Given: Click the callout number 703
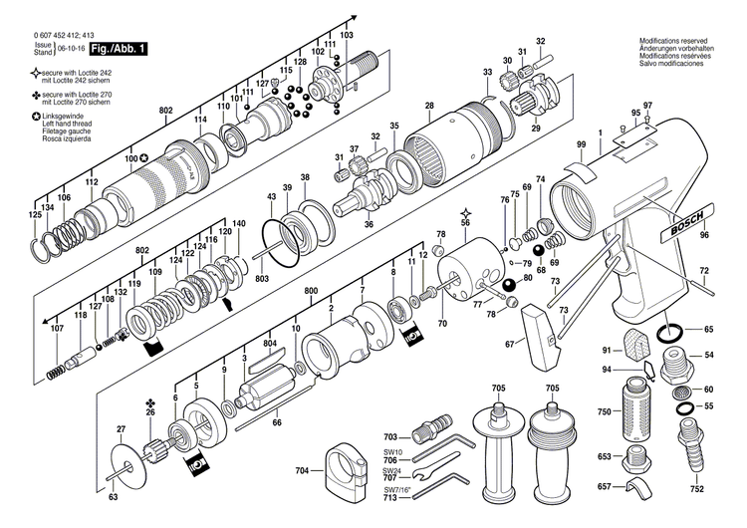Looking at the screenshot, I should [390, 437].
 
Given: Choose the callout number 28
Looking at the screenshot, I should [428, 106].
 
